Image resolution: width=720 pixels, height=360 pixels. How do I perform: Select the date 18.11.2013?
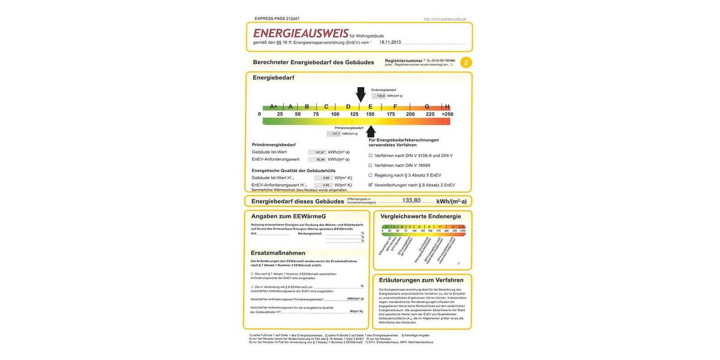pyautogui.click(x=390, y=43)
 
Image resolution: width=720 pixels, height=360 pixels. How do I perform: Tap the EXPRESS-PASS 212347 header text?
pyautogui.click(x=277, y=19)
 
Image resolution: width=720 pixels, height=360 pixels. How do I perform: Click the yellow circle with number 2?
pyautogui.click(x=466, y=62)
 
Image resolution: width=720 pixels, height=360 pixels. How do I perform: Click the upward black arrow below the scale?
pyautogui.click(x=371, y=131)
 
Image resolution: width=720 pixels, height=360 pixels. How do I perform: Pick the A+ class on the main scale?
pyautogui.click(x=273, y=107)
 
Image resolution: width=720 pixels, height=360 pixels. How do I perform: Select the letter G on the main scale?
pyautogui.click(x=427, y=107)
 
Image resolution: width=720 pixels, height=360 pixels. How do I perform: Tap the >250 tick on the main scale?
pyautogui.click(x=448, y=114)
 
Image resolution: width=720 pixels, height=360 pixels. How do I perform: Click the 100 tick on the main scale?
pyautogui.click(x=335, y=114)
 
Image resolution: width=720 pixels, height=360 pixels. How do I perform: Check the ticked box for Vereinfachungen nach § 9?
pyautogui.click(x=370, y=185)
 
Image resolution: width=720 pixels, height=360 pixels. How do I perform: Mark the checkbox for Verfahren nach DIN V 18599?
pyautogui.click(x=370, y=165)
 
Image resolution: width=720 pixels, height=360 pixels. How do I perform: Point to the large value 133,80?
pyautogui.click(x=411, y=200)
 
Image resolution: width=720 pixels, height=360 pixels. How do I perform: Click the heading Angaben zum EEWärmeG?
pyautogui.click(x=288, y=216)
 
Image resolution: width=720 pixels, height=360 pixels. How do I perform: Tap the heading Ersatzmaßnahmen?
pyautogui.click(x=278, y=253)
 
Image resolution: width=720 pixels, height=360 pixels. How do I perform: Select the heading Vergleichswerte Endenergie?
pyautogui.click(x=421, y=216)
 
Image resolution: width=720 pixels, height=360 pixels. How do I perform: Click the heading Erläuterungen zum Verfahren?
pyautogui.click(x=421, y=280)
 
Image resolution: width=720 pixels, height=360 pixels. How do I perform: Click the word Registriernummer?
pyautogui.click(x=404, y=61)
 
